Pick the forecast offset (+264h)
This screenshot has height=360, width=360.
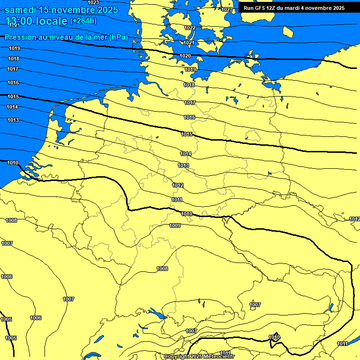pos(83,21)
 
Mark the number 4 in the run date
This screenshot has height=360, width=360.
pos(310,8)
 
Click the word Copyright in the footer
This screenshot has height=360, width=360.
pos(178,357)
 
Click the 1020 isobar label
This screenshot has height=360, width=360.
pos(185,56)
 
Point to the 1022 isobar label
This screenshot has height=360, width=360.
pos(190,28)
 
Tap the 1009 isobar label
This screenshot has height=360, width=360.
pos(175,225)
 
